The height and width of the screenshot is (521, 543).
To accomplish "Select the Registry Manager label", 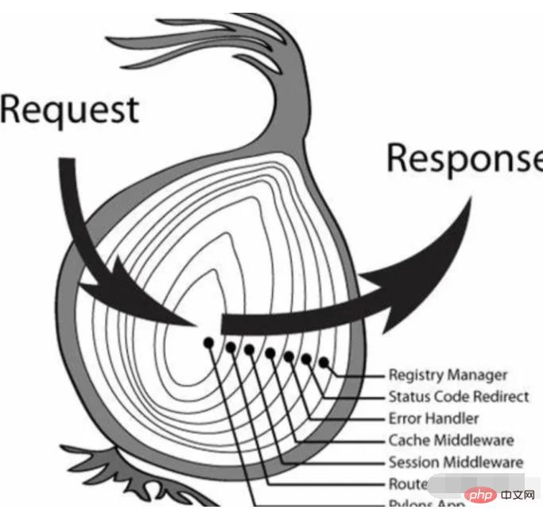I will tap(448, 375).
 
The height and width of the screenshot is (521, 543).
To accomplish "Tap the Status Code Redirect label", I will tap(459, 396).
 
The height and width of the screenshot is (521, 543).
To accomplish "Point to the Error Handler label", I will tap(433, 418).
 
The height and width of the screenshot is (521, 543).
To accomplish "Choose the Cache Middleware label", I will tap(451, 440).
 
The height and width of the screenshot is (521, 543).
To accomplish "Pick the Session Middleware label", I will tap(456, 462).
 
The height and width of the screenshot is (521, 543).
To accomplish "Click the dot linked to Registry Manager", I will tap(324, 363).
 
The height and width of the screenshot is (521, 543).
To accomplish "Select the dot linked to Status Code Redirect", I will tap(306, 360).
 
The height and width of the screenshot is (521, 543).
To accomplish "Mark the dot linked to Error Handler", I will tap(289, 356).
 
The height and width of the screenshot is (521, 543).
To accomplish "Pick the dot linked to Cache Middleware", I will tap(270, 352).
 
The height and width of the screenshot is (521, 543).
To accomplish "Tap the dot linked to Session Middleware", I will tap(250, 349).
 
